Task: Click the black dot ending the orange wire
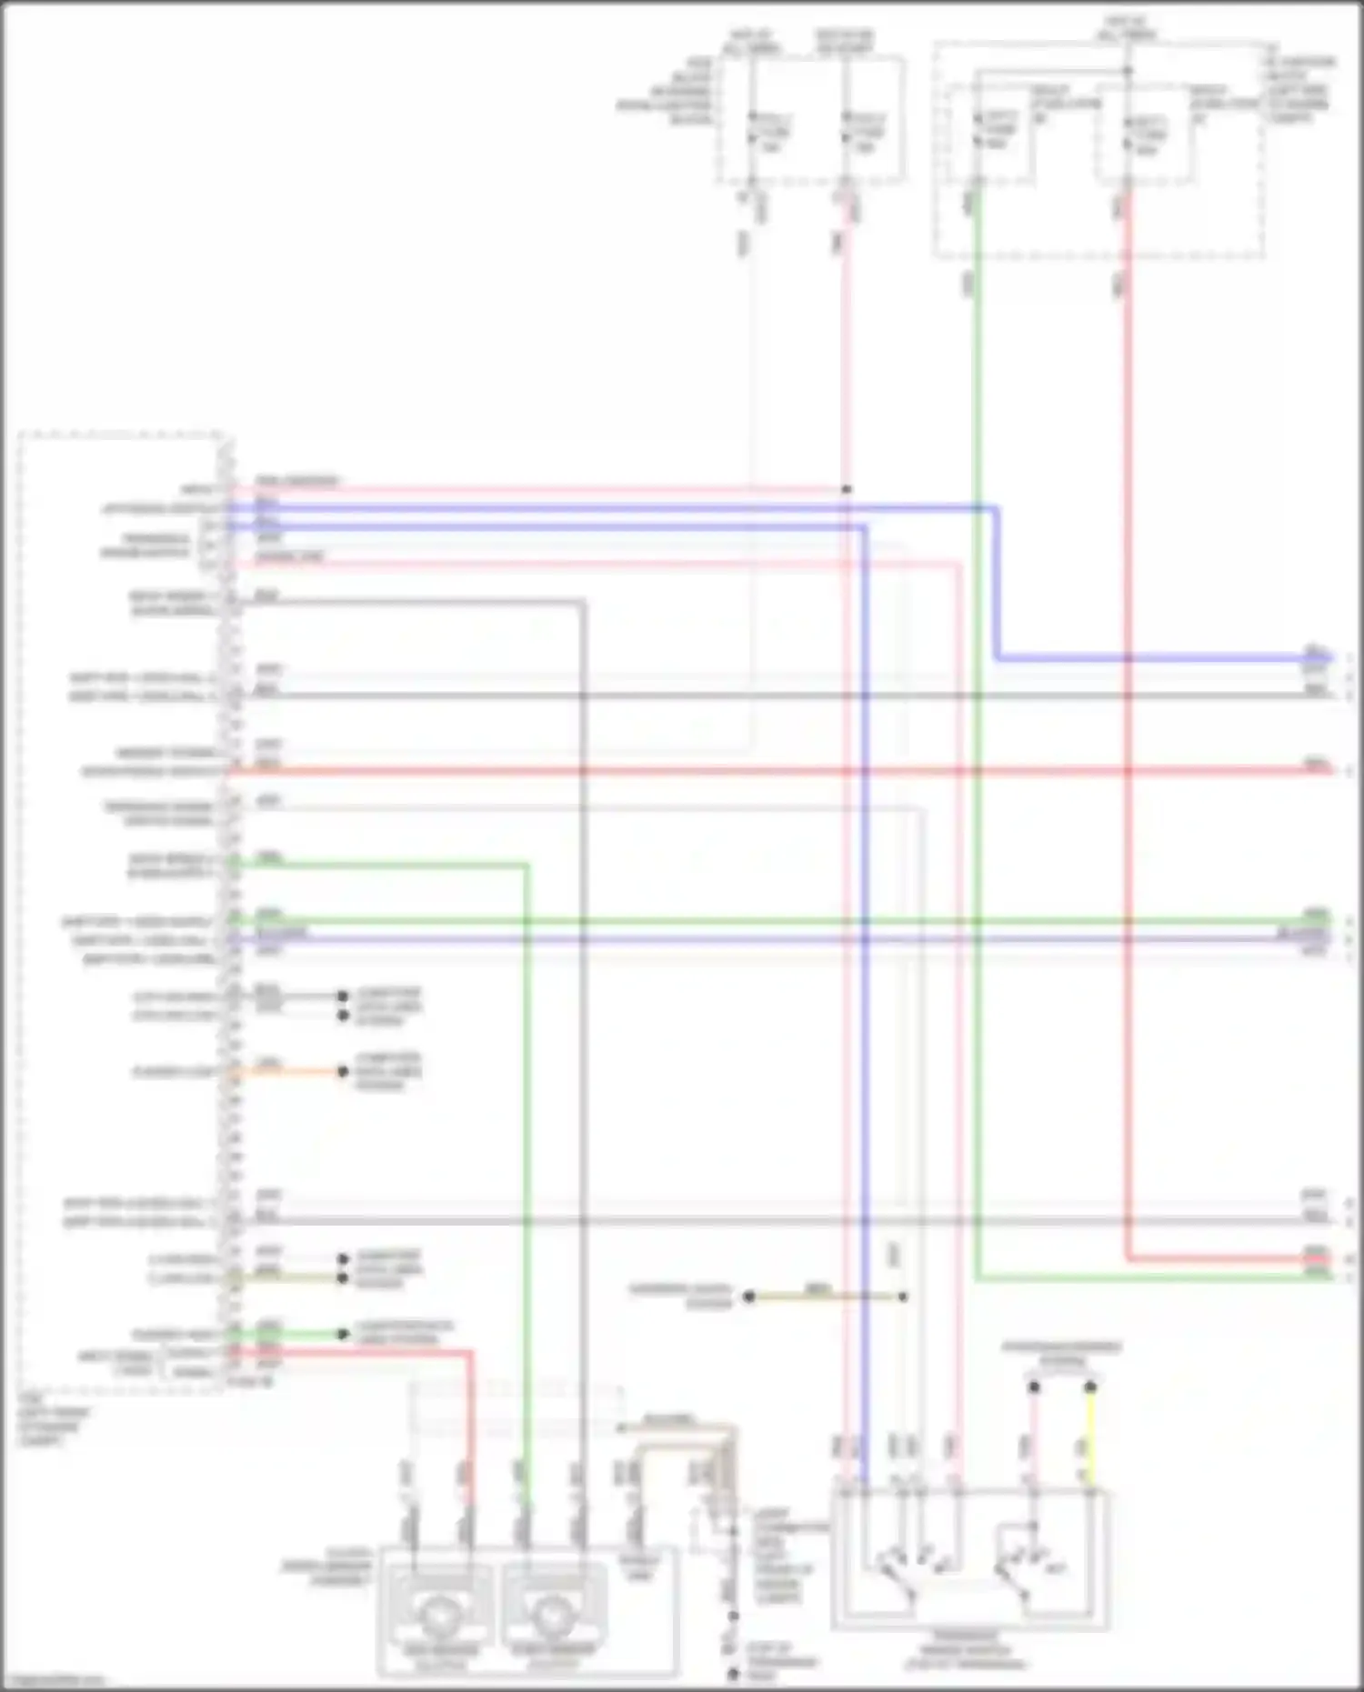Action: pyautogui.click(x=343, y=1072)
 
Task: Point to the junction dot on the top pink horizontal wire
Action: pyautogui.click(x=847, y=490)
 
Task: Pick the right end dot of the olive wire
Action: pyautogui.click(x=903, y=1297)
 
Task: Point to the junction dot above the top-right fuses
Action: pyautogui.click(x=1127, y=71)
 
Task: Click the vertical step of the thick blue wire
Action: pyautogui.click(x=998, y=582)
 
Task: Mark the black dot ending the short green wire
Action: pyautogui.click(x=343, y=1334)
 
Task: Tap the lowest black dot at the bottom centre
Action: pyautogui.click(x=733, y=1674)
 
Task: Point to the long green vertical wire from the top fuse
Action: pyautogui.click(x=976, y=727)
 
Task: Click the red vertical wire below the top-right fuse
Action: pyautogui.click(x=1127, y=727)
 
